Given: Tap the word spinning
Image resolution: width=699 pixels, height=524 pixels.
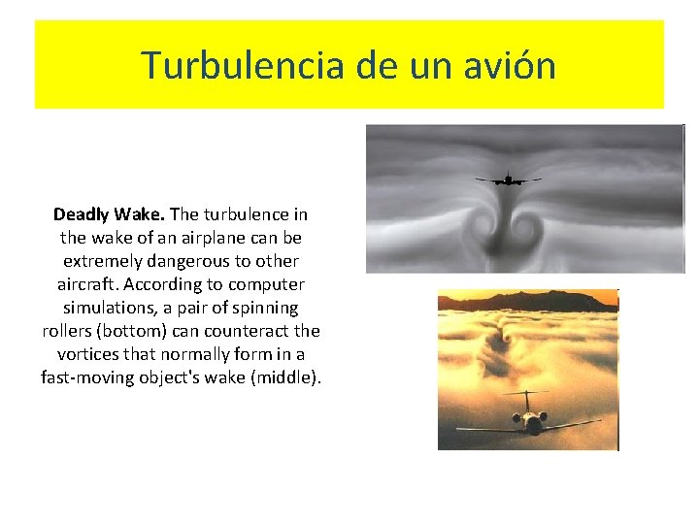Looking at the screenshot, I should [x=265, y=308].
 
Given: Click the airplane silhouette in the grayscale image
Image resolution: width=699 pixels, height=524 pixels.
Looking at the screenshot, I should [x=508, y=179].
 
